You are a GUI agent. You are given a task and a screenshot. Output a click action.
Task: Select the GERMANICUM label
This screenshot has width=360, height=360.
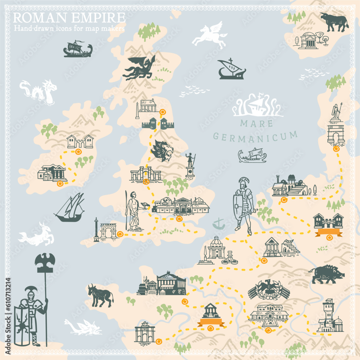pyautogui.click(x=255, y=135)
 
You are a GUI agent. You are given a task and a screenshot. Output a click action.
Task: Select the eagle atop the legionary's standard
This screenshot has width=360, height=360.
pyautogui.click(x=45, y=260)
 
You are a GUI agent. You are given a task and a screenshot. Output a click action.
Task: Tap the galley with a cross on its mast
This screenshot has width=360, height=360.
pyautogui.click(x=231, y=69)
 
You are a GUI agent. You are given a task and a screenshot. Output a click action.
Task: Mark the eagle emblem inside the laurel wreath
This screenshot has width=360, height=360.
pyautogui.click(x=269, y=290)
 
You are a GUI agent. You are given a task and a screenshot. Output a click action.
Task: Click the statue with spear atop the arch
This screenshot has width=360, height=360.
pyautogui.click(x=336, y=112)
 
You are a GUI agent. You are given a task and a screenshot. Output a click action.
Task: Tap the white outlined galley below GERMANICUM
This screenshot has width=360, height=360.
pyautogui.click(x=252, y=155)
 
